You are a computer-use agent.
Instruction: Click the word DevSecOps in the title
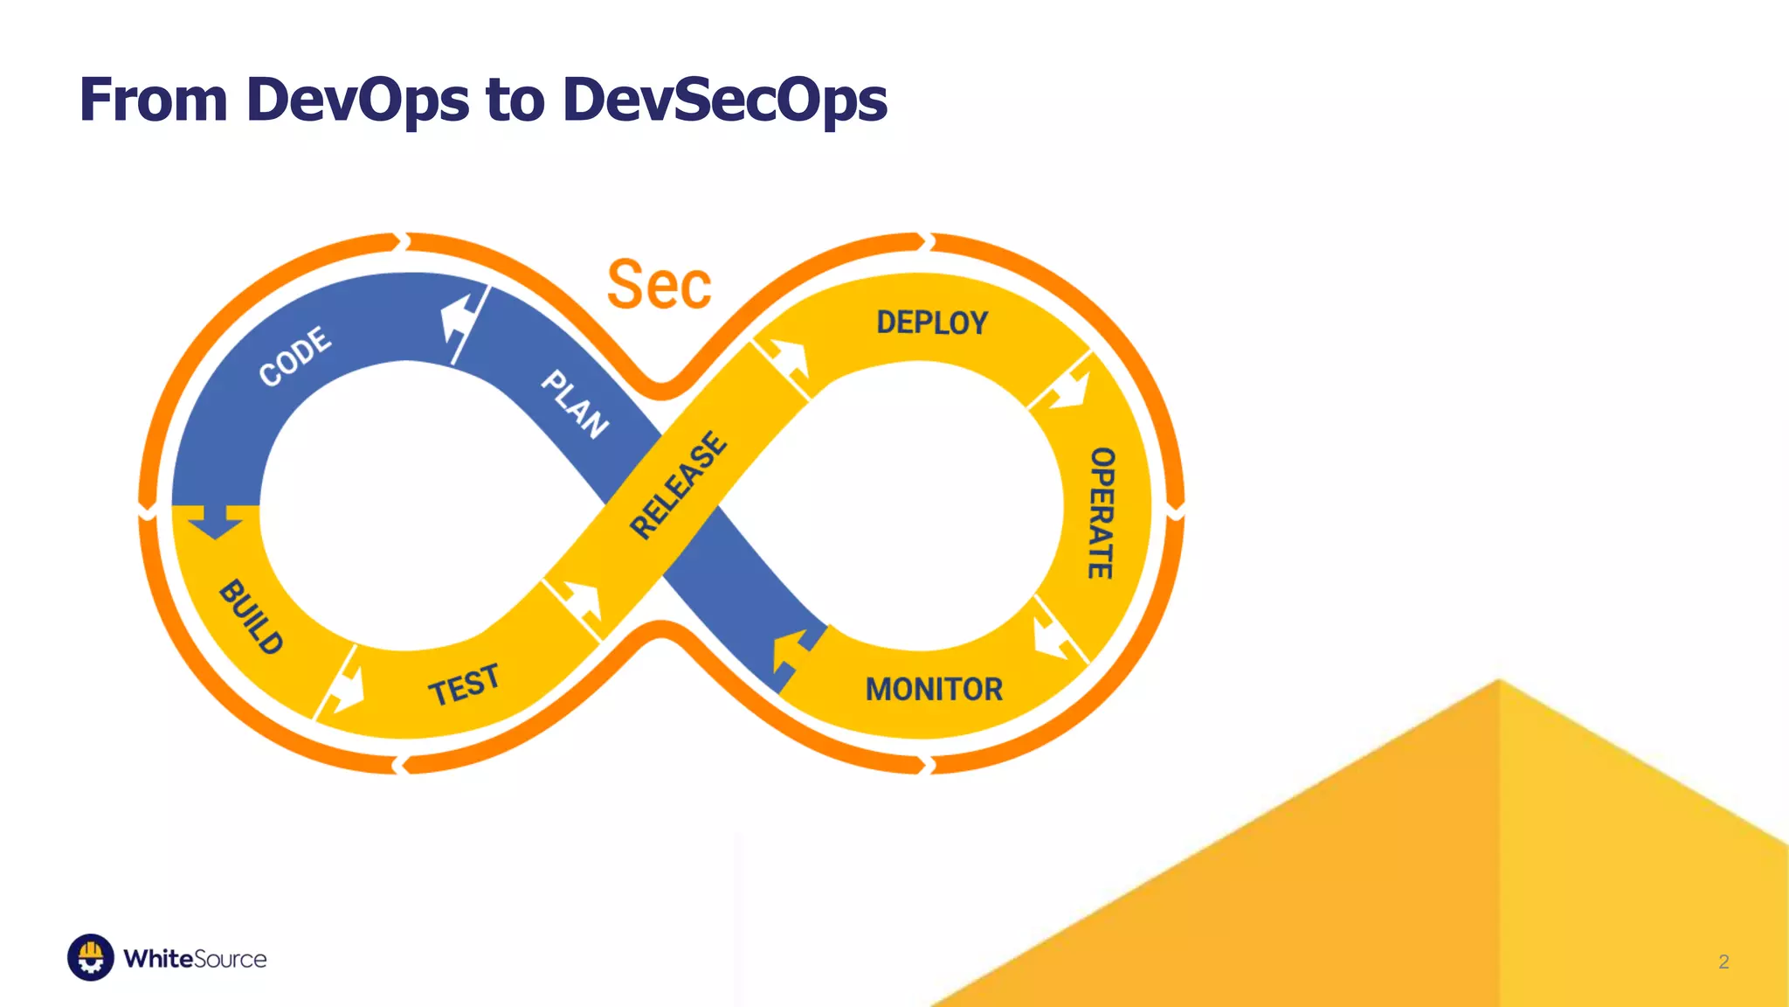pyautogui.click(x=724, y=100)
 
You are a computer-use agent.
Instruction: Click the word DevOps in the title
pyautogui.click(x=357, y=100)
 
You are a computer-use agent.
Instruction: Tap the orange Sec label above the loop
pyautogui.click(x=660, y=285)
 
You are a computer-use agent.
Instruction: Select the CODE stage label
pyautogui.click(x=295, y=356)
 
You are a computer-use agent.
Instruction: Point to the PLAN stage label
pyautogui.click(x=574, y=404)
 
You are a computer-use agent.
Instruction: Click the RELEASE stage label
pyautogui.click(x=678, y=485)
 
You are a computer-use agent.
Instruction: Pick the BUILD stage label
pyautogui.click(x=252, y=617)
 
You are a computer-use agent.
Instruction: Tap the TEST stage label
pyautogui.click(x=464, y=684)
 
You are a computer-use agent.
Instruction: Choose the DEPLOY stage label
pyautogui.click(x=932, y=323)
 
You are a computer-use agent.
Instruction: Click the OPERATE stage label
pyautogui.click(x=1102, y=513)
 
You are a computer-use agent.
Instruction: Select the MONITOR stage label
pyautogui.click(x=934, y=690)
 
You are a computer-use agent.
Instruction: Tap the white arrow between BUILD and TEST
pyautogui.click(x=347, y=689)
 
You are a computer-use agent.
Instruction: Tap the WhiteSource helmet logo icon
pyautogui.click(x=91, y=957)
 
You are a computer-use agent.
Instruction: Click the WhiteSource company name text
pyautogui.click(x=195, y=959)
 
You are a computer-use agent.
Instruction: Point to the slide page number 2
pyautogui.click(x=1723, y=962)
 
